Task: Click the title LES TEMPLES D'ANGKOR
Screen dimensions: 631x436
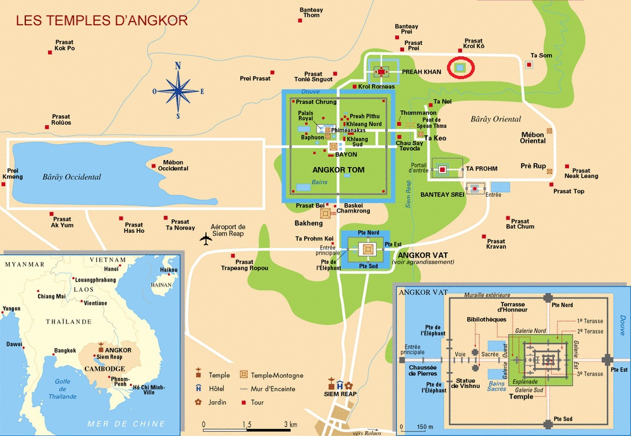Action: point(102,20)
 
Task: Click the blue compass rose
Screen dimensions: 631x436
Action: point(178,91)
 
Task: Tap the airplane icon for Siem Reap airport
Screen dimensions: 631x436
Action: point(205,239)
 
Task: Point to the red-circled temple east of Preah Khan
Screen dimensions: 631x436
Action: point(460,68)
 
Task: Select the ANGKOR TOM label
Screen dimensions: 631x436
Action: point(338,170)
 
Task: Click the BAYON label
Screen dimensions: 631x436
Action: point(346,154)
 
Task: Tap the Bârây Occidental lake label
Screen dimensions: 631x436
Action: point(71,177)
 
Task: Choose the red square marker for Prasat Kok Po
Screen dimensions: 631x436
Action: point(50,53)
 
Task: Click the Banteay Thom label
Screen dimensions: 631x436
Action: point(311,13)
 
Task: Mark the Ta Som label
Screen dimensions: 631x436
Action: point(541,56)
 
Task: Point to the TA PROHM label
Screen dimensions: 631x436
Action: point(482,169)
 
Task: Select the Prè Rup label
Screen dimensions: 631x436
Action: point(533,166)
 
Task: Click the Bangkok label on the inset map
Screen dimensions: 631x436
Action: point(65,351)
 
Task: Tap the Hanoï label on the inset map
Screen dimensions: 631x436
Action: point(111,269)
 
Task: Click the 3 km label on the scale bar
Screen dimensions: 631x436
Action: point(291,425)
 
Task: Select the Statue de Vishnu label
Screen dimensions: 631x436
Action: point(465,383)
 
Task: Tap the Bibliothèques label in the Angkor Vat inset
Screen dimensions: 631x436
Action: point(487,320)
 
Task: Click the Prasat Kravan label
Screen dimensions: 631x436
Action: point(496,244)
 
